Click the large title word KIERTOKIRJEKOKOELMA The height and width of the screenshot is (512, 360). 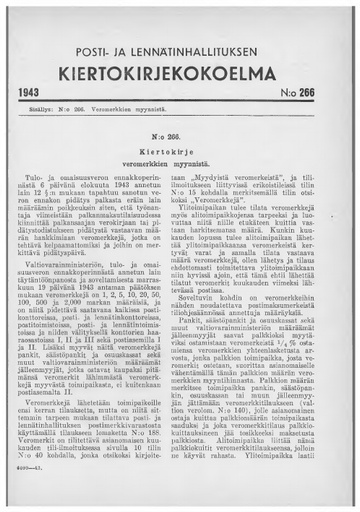[x=180, y=72]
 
